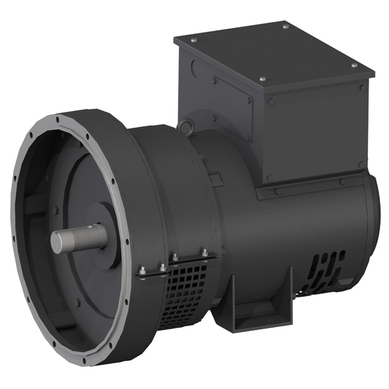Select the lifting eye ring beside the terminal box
pyautogui.click(x=187, y=125)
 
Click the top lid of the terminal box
pyautogui.click(x=272, y=57)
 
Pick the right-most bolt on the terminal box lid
pyautogui.click(x=353, y=67)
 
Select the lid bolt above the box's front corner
pyautogui.click(x=263, y=79)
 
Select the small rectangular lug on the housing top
pyautogui.click(x=215, y=181)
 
